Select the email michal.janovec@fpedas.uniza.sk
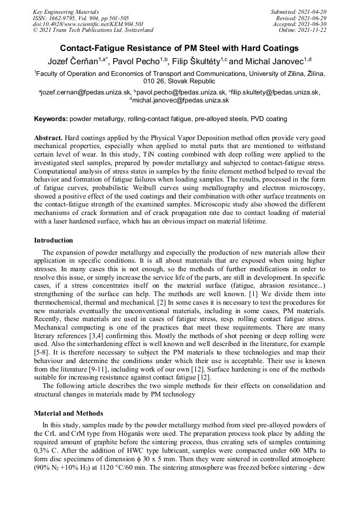click(x=181, y=100)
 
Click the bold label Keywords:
click(x=51, y=118)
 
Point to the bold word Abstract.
click(x=48, y=137)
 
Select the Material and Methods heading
click(x=68, y=412)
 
